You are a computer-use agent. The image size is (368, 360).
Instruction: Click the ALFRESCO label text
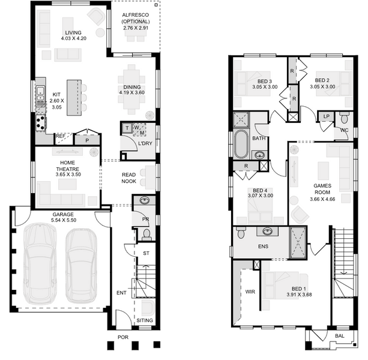[x=136, y=15]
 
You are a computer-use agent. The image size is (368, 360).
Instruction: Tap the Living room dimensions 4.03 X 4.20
[x=74, y=38]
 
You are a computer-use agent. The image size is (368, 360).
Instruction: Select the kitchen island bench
[x=74, y=98]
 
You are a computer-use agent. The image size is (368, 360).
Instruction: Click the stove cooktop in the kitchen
[x=40, y=123]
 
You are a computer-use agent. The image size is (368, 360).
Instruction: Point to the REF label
[x=60, y=136]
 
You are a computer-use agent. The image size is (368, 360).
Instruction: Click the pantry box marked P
[x=87, y=140]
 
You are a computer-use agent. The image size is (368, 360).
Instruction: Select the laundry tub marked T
[x=127, y=128]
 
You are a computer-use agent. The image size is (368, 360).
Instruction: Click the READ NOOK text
[x=129, y=178]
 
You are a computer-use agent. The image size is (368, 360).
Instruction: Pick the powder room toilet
[x=147, y=235]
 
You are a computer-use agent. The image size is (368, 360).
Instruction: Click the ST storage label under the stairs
[x=146, y=253]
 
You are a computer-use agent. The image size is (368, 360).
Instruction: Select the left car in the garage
[x=40, y=263]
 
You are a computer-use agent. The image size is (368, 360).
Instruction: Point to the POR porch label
[x=123, y=337]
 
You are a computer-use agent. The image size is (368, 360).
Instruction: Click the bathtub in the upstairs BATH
[x=241, y=144]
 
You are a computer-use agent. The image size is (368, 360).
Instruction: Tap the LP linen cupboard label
[x=326, y=116]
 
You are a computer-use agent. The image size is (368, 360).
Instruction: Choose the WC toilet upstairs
[x=344, y=118]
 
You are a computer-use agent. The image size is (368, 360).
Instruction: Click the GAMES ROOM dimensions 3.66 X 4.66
[x=322, y=199]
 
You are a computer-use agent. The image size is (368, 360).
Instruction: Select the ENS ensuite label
[x=263, y=247]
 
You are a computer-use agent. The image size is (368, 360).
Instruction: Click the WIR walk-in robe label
[x=250, y=292]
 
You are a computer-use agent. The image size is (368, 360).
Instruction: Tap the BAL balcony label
[x=340, y=336]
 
